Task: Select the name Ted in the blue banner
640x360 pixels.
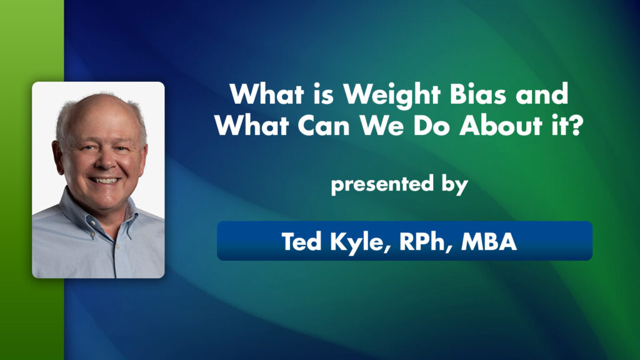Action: pos(302,241)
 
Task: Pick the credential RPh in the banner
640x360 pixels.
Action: pos(422,241)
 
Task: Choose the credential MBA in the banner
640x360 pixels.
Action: pos(489,241)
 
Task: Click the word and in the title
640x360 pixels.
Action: pos(546,96)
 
